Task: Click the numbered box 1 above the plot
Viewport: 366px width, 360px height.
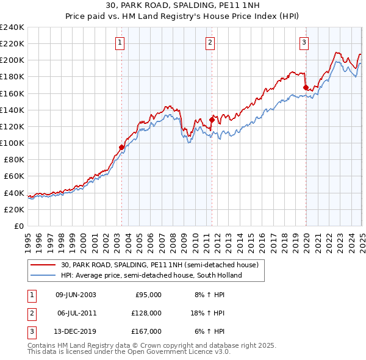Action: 120,43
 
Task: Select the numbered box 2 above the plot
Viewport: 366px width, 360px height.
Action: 210,43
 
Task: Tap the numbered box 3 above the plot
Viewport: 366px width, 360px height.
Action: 304,43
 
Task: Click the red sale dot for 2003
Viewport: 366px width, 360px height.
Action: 121,147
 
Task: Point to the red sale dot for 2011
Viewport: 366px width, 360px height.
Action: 212,120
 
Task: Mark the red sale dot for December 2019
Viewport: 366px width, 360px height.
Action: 306,87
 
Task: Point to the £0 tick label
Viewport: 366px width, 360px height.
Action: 18,226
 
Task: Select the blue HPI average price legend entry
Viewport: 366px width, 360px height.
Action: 151,275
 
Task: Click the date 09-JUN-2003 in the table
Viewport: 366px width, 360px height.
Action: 76,294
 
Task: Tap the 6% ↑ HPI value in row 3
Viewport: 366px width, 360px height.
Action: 210,332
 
